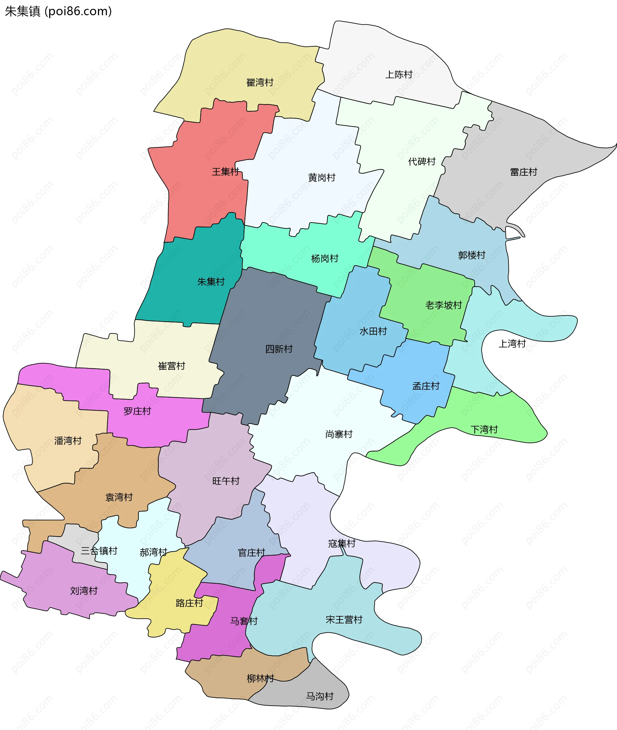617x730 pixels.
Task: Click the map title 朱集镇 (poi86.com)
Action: pyautogui.click(x=58, y=11)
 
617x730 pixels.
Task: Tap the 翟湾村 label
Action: pyautogui.click(x=260, y=83)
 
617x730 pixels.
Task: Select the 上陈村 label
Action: pyautogui.click(x=399, y=75)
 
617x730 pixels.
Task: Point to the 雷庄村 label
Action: pyautogui.click(x=523, y=172)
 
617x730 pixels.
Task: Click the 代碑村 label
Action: pyautogui.click(x=422, y=162)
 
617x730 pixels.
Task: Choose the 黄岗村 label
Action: pyautogui.click(x=321, y=178)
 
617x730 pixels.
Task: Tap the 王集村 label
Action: pyautogui.click(x=225, y=172)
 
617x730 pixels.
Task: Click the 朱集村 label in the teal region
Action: pyautogui.click(x=210, y=282)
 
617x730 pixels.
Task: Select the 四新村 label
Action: pyautogui.click(x=279, y=349)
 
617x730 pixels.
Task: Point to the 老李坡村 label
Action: pyautogui.click(x=443, y=305)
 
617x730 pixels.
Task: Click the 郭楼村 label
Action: pyautogui.click(x=471, y=255)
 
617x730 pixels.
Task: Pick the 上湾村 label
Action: pyautogui.click(x=512, y=344)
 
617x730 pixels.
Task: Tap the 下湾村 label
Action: pyautogui.click(x=484, y=430)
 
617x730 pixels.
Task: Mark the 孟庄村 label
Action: pyautogui.click(x=426, y=386)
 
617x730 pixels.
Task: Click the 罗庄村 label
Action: pyautogui.click(x=137, y=411)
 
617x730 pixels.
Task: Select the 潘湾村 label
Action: pyautogui.click(x=68, y=441)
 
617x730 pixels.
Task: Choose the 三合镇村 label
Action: pyautogui.click(x=99, y=551)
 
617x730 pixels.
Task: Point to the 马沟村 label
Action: pyautogui.click(x=320, y=696)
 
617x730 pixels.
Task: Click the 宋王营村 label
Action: pyautogui.click(x=344, y=620)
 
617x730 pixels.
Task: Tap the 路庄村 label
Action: pyautogui.click(x=189, y=603)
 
